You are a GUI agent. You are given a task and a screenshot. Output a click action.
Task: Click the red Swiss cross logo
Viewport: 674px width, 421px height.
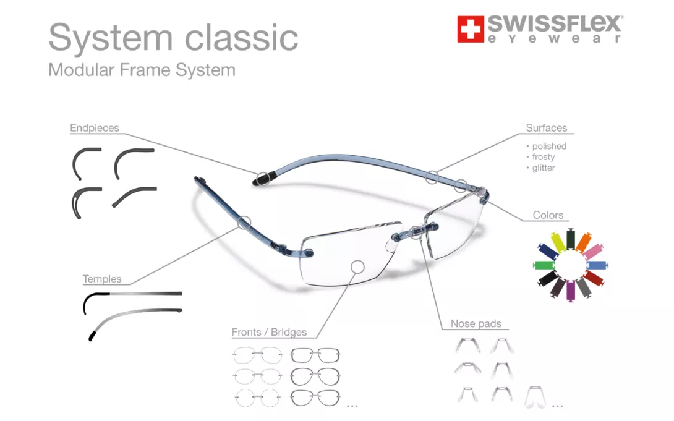click(x=470, y=29)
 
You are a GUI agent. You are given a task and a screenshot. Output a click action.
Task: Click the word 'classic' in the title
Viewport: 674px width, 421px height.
click(x=242, y=37)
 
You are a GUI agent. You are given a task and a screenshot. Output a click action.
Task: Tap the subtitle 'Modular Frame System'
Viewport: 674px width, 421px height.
click(x=142, y=70)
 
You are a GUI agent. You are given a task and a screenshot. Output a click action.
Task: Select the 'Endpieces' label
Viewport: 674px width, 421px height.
click(x=95, y=128)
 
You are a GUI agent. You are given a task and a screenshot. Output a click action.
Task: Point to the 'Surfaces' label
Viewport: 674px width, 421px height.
click(x=547, y=128)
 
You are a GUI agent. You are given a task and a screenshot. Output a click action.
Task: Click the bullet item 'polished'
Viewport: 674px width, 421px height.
click(x=549, y=146)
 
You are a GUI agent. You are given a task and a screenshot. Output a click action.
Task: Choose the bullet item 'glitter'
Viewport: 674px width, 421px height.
click(x=544, y=168)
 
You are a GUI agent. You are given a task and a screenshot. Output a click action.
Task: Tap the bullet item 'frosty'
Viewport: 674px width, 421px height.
click(x=544, y=157)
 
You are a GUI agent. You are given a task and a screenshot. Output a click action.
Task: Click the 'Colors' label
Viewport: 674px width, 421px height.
click(x=548, y=215)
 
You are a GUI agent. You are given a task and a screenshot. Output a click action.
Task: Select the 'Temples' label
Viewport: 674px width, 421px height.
click(x=102, y=279)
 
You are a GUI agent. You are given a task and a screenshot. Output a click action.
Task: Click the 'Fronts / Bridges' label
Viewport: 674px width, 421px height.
click(x=269, y=332)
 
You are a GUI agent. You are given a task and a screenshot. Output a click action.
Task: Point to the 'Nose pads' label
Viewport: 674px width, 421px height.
click(x=476, y=323)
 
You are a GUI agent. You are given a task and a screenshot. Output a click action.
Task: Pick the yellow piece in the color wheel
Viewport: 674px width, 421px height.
click(x=558, y=242)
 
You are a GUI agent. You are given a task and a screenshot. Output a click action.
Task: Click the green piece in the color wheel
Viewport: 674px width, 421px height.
click(x=544, y=265)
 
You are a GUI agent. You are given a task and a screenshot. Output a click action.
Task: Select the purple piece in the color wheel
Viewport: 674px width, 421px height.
click(x=570, y=291)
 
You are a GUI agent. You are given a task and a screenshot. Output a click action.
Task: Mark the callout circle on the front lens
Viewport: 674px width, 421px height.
click(x=357, y=267)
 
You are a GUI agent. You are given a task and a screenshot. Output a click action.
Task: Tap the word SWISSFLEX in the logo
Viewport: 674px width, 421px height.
click(x=555, y=24)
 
